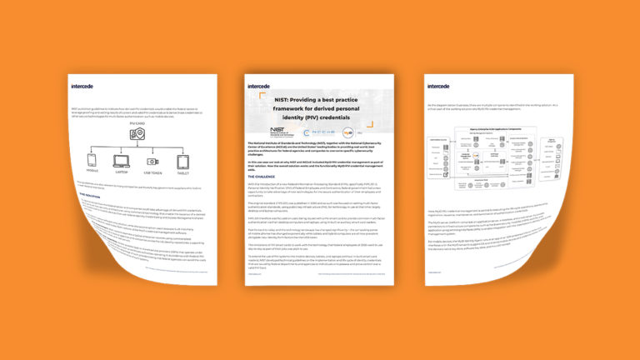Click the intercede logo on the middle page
click(x=259, y=85)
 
